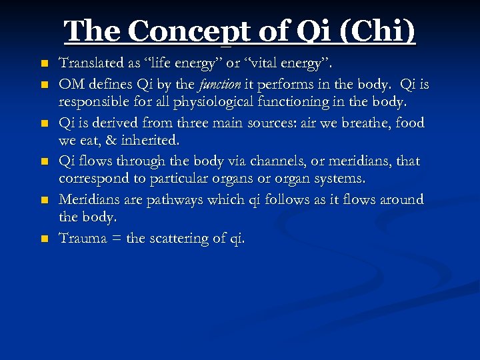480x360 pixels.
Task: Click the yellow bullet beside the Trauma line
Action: click(x=44, y=239)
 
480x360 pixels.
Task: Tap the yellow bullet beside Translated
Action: click(x=44, y=65)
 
